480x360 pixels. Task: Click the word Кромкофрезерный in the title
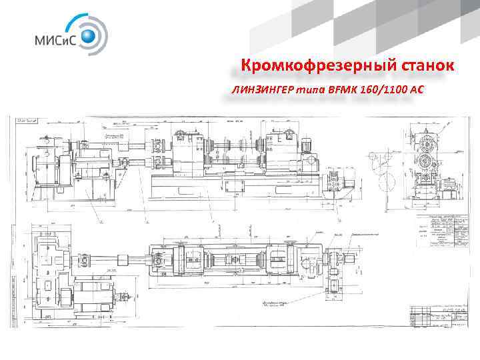tap(304, 66)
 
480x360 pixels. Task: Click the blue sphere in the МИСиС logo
tap(89, 35)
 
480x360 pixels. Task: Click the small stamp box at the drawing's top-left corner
tap(29, 121)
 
